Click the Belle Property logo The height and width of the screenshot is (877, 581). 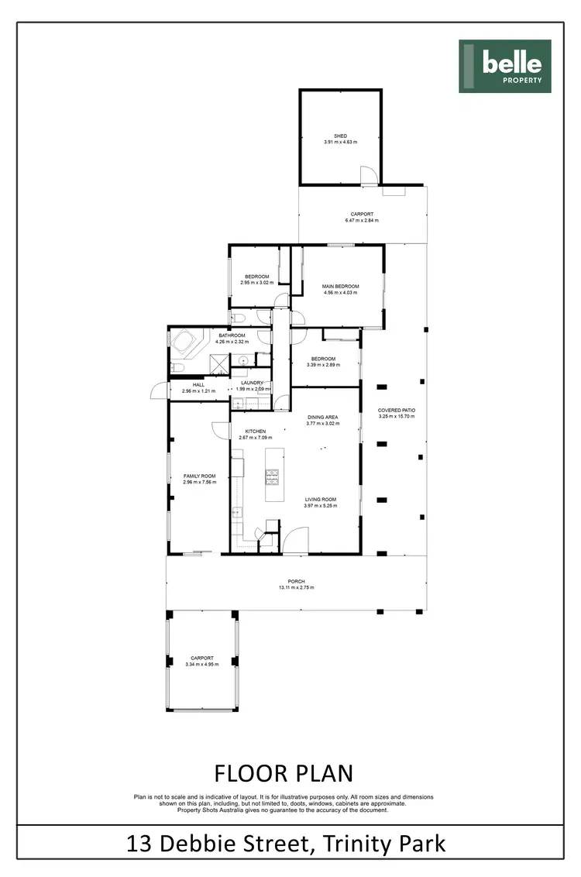pyautogui.click(x=504, y=67)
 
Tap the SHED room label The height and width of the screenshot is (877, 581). pyautogui.click(x=340, y=136)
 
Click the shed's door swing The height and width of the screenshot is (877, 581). pyautogui.click(x=369, y=176)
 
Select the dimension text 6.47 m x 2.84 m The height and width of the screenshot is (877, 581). pyautogui.click(x=362, y=221)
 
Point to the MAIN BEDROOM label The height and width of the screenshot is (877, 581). pyautogui.click(x=340, y=287)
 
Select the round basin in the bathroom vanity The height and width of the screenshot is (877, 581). pyautogui.click(x=242, y=359)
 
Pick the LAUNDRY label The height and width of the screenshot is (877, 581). pyautogui.click(x=253, y=383)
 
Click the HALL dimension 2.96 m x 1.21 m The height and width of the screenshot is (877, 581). pyautogui.click(x=198, y=391)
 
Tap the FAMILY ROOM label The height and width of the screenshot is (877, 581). pyautogui.click(x=199, y=476)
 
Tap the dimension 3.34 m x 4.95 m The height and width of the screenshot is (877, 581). pyautogui.click(x=201, y=664)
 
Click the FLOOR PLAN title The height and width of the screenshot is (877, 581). pyautogui.click(x=284, y=773)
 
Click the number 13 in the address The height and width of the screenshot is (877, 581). pyautogui.click(x=139, y=842)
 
